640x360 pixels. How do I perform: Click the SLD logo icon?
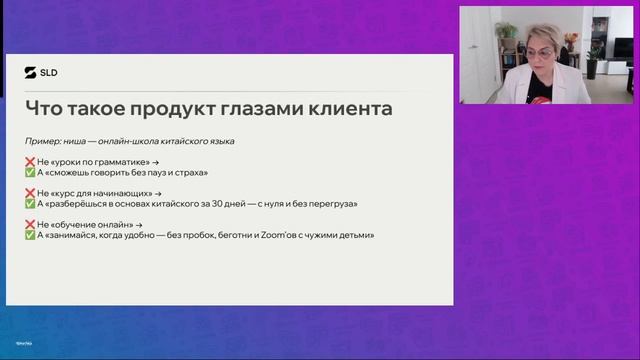point(30,71)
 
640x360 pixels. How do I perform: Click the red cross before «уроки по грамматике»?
point(30,161)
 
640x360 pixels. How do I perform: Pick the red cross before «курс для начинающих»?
point(30,193)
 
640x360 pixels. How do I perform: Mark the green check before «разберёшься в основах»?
point(30,203)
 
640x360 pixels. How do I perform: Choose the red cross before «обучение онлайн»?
point(30,225)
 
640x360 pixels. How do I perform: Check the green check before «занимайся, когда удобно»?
point(30,235)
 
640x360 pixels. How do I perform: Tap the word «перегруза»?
point(333,203)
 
